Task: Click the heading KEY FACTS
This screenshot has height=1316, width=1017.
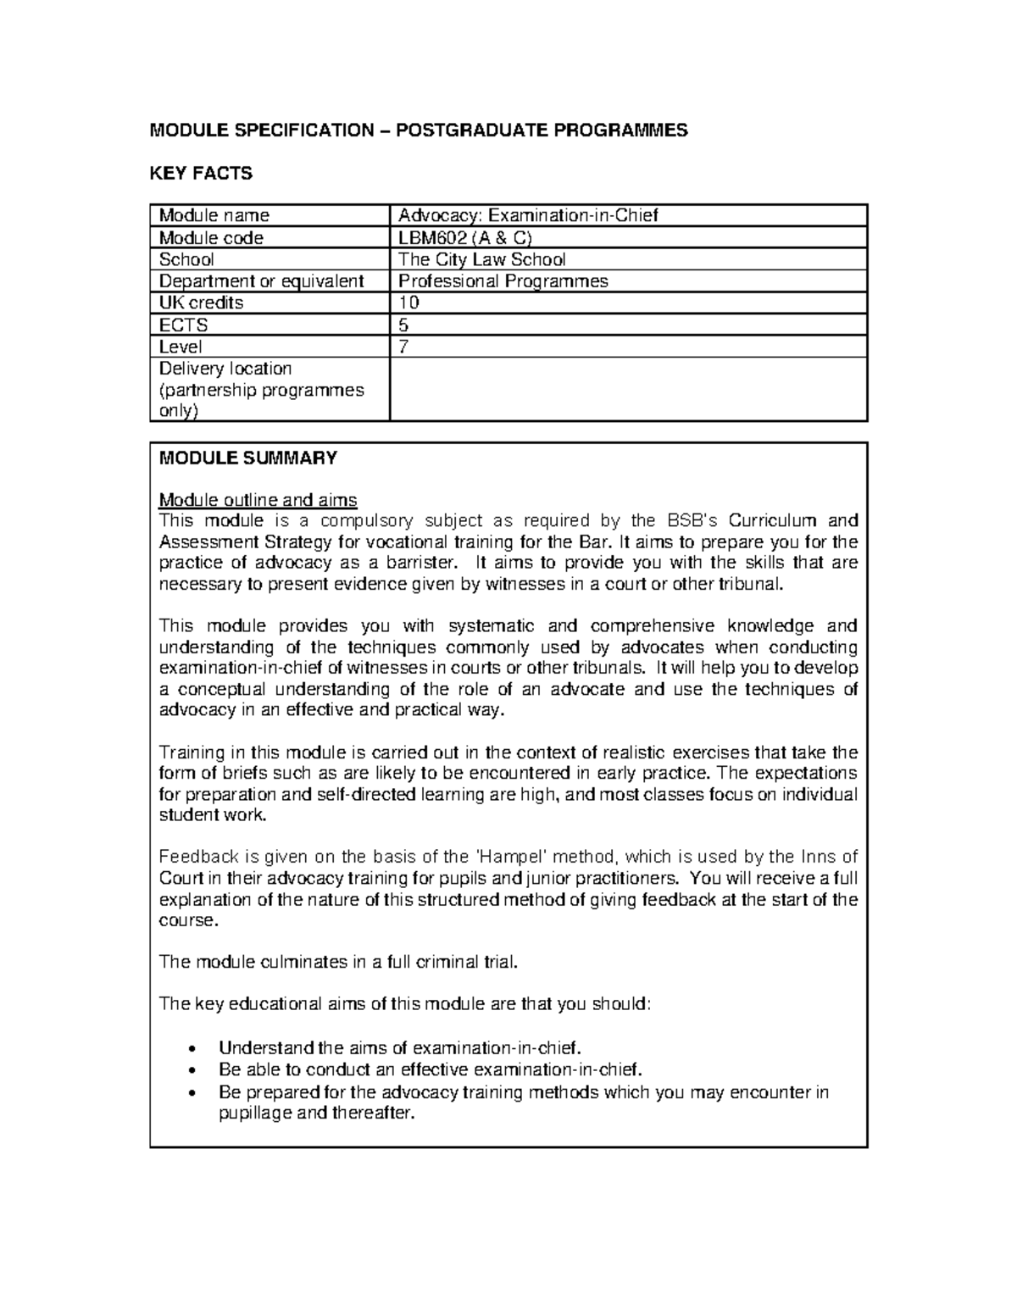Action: [x=201, y=174]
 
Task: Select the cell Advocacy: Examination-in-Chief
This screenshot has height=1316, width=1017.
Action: [x=528, y=215]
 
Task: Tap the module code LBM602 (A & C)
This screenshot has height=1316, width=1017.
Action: [x=465, y=237]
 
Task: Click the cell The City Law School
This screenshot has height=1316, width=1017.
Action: [x=481, y=259]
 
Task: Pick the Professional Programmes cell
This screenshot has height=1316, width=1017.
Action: [x=503, y=281]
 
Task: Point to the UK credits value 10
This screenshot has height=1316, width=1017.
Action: [x=408, y=303]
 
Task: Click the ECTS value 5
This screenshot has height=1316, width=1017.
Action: [x=404, y=325]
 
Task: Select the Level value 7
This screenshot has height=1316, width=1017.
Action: [x=404, y=347]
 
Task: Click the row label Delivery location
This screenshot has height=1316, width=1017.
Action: [x=225, y=369]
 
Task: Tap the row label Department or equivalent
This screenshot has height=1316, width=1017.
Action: [x=261, y=281]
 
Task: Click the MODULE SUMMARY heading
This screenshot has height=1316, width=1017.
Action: [x=248, y=458]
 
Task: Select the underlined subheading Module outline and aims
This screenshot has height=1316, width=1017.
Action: [x=258, y=500]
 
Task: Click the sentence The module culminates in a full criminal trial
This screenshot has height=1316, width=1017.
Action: [x=337, y=962]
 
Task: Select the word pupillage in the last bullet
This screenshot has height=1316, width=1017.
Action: [x=254, y=1113]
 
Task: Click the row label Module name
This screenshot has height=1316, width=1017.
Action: [x=214, y=215]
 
